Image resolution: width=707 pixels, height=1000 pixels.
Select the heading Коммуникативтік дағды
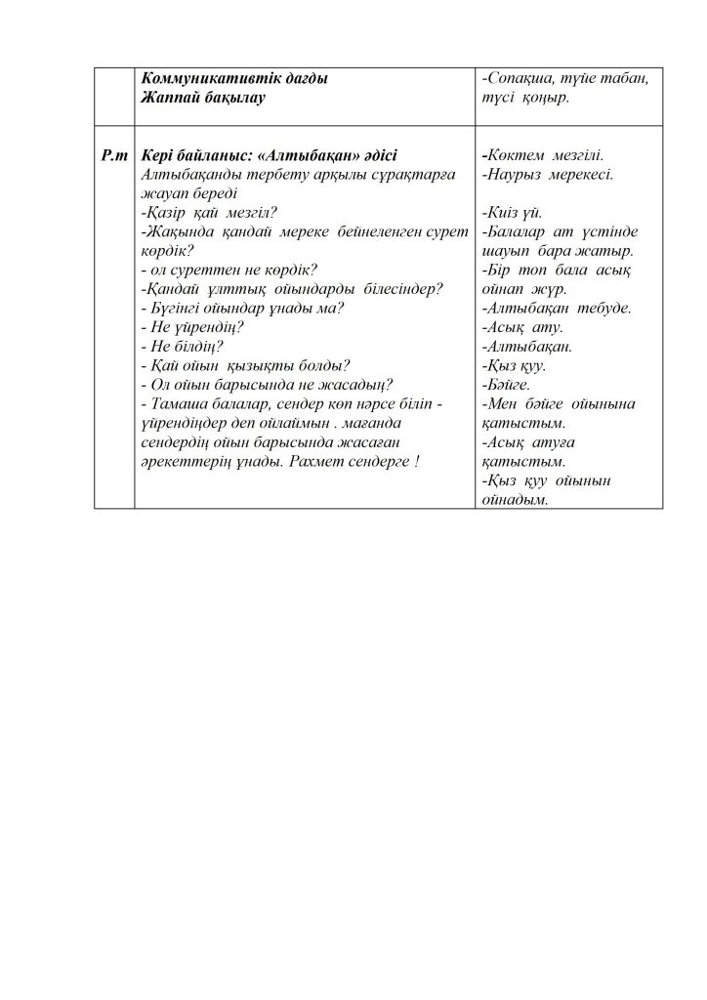click(234, 79)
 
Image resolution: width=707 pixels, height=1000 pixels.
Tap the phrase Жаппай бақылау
click(203, 98)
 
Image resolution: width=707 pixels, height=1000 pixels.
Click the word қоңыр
click(552, 98)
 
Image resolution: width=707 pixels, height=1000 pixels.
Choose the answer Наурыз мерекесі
click(547, 175)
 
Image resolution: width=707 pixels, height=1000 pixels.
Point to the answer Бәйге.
click(507, 385)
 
